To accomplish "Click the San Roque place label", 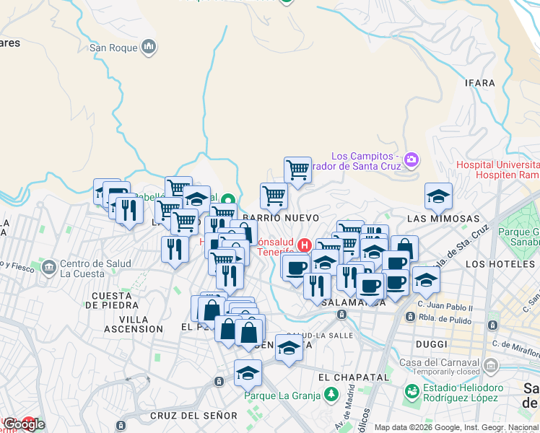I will coord(113,48).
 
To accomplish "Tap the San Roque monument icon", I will coord(149,48).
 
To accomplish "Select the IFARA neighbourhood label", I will coord(481,83).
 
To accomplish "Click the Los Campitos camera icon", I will coord(411,159).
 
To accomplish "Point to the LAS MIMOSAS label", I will coord(443,218).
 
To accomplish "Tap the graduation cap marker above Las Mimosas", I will coord(438,196).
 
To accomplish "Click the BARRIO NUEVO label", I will coord(281,217).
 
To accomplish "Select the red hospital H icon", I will coord(305,245).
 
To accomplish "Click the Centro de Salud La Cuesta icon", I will coord(49,268).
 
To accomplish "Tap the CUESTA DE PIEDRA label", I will coord(111,300).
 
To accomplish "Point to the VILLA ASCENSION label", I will coord(134,324).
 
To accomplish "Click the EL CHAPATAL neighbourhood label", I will coord(353,377).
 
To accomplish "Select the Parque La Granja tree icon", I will coord(331,394).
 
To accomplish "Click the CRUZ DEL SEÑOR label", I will coord(193,416).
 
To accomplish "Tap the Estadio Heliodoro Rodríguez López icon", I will coord(411,392).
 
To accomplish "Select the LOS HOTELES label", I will coord(495,264).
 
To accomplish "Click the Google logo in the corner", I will coord(24,424).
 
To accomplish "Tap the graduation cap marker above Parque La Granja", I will coord(248,374).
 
